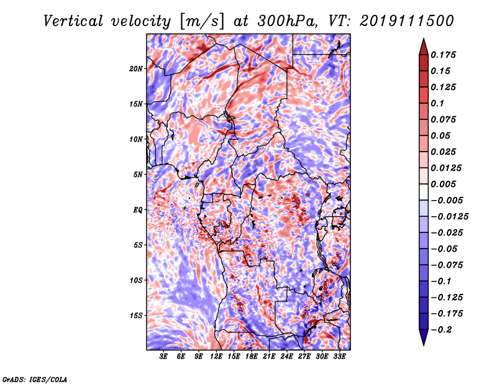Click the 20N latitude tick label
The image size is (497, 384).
(137, 68)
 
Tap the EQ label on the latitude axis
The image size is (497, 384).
(138, 210)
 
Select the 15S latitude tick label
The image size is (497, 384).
(137, 316)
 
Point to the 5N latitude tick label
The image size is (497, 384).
(139, 175)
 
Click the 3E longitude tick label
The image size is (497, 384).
(163, 357)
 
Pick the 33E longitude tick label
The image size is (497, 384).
(339, 357)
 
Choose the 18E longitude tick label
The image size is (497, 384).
(251, 357)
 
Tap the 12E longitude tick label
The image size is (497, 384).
(216, 357)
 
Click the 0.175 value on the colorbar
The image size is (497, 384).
(445, 55)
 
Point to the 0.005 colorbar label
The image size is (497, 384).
(445, 184)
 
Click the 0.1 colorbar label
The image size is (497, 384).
(439, 103)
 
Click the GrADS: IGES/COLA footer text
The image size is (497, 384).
(35, 378)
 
